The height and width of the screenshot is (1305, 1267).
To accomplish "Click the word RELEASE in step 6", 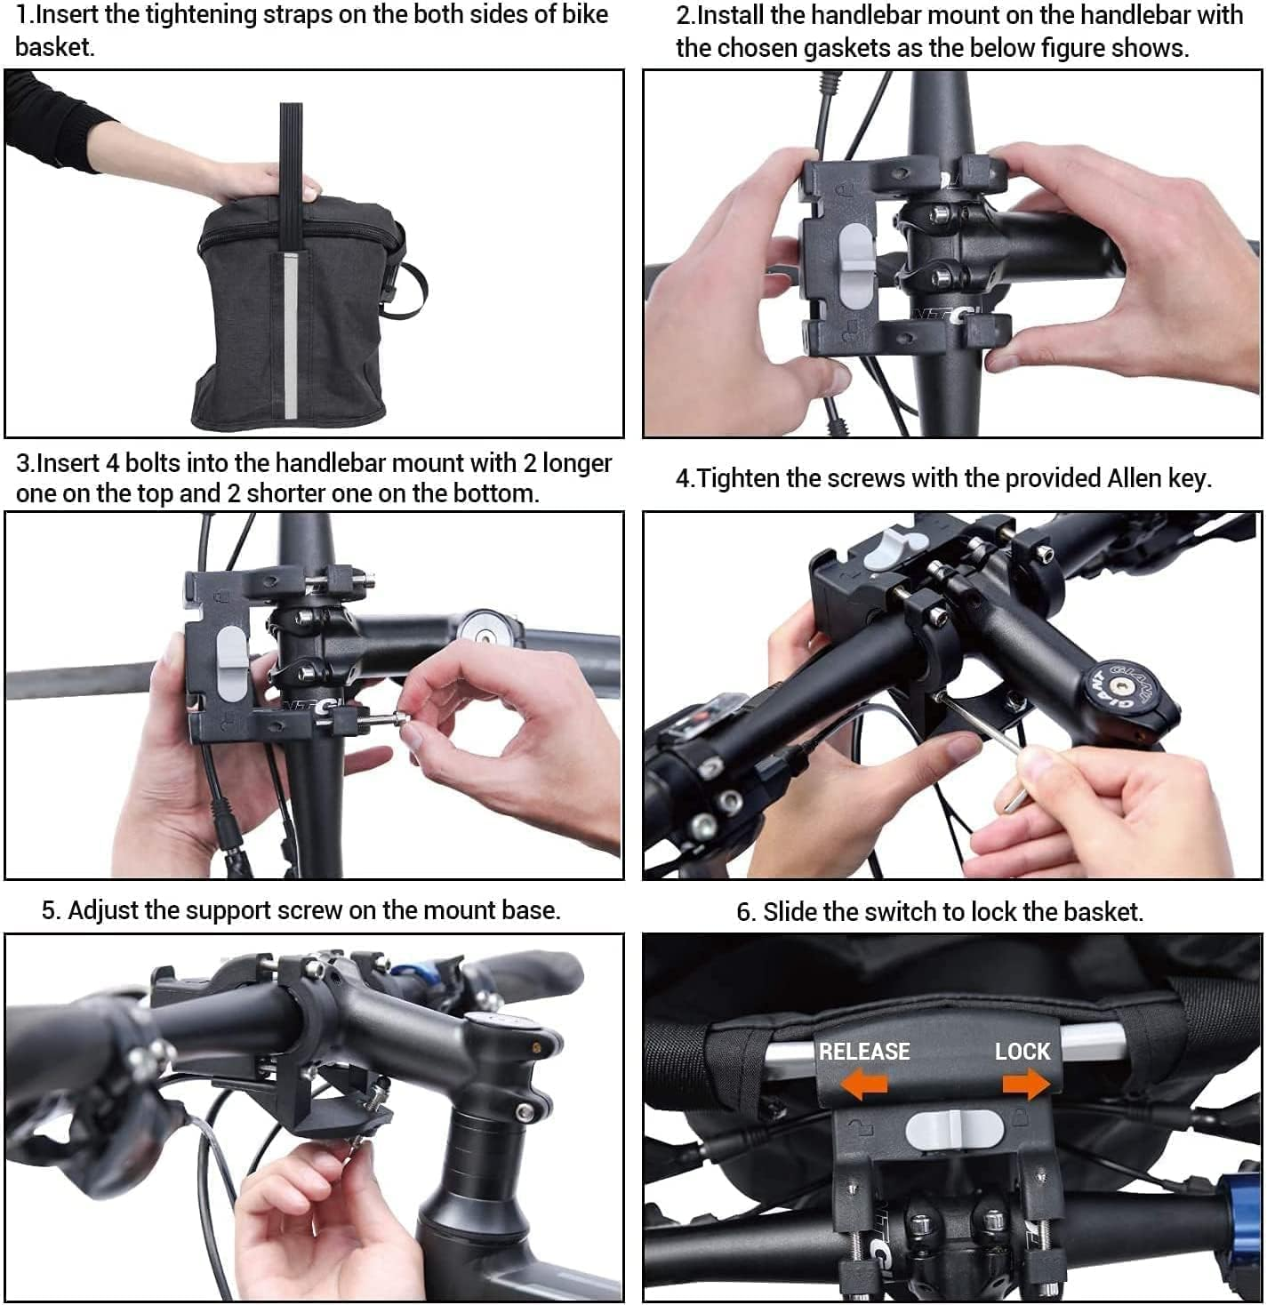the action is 864,1051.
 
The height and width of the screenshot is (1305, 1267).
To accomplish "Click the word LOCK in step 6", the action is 1022,1051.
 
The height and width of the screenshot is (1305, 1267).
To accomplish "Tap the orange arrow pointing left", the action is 864,1084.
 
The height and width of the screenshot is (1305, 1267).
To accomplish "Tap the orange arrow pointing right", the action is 1026,1084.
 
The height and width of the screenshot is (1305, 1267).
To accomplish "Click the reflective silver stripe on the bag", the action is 292,335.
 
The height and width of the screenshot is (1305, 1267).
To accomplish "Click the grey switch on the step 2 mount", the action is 856,266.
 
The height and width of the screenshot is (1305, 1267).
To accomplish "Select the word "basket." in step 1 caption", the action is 54,46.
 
